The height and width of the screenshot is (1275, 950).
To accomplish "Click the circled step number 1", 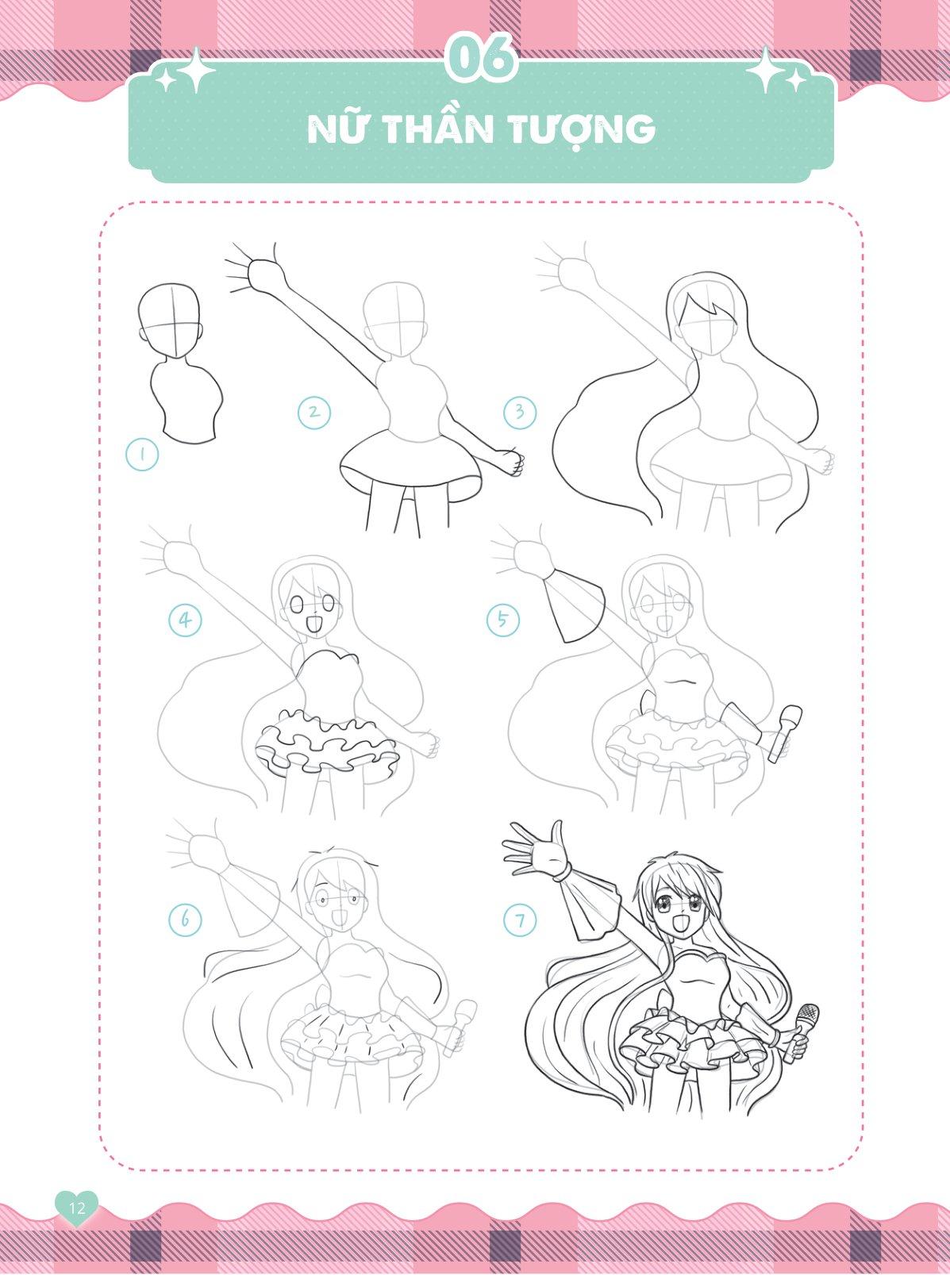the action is [x=141, y=455].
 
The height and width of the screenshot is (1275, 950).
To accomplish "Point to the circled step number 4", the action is [x=186, y=620].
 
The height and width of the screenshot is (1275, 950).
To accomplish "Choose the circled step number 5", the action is [x=502, y=620].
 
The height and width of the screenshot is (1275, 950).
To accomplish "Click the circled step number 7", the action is [x=520, y=921].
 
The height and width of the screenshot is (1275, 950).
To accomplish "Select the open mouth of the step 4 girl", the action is [x=313, y=624].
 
